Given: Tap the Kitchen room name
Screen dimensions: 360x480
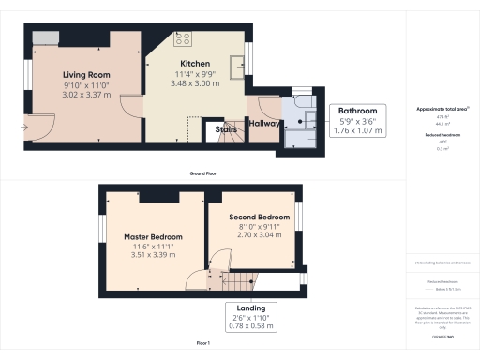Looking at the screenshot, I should pos(196,62).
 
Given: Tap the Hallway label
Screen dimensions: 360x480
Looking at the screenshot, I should pos(262,122).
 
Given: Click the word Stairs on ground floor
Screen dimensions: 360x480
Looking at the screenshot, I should pos(224,130).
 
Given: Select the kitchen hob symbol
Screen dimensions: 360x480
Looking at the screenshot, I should pos(182,39).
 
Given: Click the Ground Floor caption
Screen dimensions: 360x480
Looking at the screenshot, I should pos(203,173).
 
